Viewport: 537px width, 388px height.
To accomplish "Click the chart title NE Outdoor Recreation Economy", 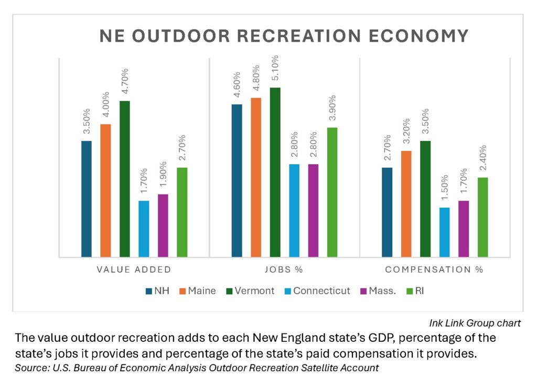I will coord(284,36).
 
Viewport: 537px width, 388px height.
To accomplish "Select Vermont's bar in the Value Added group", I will coord(124,178).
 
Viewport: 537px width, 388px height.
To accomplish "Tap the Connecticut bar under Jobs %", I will coord(294,210).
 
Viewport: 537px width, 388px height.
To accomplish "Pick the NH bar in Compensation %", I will coord(387,212).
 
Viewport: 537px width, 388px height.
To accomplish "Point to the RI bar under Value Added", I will coord(181,212).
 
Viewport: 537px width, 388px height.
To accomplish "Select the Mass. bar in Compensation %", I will coord(464,229).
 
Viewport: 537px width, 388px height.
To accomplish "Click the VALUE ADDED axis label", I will coord(134,271).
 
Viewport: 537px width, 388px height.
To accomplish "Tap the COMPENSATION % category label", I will coord(434,271).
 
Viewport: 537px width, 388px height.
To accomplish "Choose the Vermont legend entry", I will coord(249,290).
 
